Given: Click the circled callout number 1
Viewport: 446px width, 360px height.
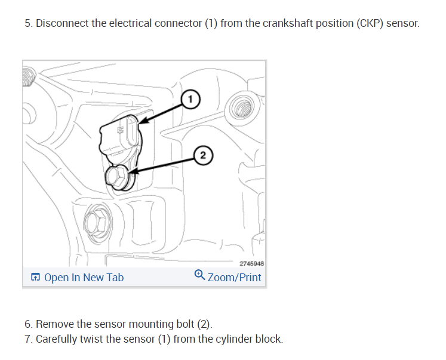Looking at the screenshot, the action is (x=189, y=99).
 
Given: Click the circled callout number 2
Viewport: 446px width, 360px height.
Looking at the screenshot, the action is (x=203, y=156).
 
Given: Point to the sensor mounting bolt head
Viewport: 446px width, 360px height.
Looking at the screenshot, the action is (x=115, y=176).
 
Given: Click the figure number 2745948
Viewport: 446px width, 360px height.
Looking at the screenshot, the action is (x=251, y=263).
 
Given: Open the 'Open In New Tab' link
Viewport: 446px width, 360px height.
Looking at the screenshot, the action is (x=84, y=277).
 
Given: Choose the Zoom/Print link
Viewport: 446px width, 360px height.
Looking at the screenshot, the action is (x=234, y=277).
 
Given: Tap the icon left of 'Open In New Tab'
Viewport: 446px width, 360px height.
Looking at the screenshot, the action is (x=35, y=277).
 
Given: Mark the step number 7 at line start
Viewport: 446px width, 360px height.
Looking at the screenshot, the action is (x=27, y=339).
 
